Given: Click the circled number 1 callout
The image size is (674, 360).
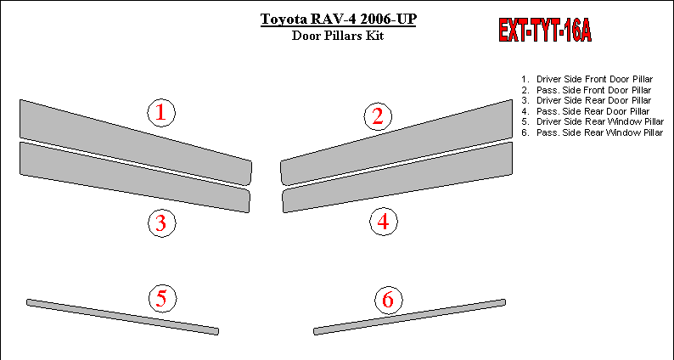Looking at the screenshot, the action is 161,113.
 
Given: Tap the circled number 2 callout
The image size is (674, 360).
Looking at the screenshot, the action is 378,116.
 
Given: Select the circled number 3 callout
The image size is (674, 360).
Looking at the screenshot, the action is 161,222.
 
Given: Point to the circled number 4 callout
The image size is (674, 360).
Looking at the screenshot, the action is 384,222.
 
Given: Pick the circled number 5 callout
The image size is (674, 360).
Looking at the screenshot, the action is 162,298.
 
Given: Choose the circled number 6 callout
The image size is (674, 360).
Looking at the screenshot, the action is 389,300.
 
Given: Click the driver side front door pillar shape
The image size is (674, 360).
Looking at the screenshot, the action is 136,143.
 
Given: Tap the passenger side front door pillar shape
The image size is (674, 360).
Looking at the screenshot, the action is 396,143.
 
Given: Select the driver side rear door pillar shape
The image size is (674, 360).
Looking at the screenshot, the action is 135,177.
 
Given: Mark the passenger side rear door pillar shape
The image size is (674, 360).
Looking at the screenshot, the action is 397,177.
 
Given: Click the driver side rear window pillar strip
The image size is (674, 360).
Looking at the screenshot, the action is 122,317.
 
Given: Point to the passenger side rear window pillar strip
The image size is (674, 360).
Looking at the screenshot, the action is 410,317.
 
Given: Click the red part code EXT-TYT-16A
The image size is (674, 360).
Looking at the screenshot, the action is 545,30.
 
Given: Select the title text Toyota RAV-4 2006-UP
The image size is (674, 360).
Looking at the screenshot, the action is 339,20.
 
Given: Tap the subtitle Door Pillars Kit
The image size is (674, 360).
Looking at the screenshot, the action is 338,36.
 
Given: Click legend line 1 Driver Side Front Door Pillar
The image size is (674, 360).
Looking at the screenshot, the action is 587,79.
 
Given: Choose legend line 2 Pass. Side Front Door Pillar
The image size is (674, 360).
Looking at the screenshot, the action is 587,90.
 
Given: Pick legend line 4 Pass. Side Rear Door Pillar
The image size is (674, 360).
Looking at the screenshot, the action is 586,111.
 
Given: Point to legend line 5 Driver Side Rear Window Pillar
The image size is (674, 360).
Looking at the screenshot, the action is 593,121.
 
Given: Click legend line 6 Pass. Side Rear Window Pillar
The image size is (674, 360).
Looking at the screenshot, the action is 593,132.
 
